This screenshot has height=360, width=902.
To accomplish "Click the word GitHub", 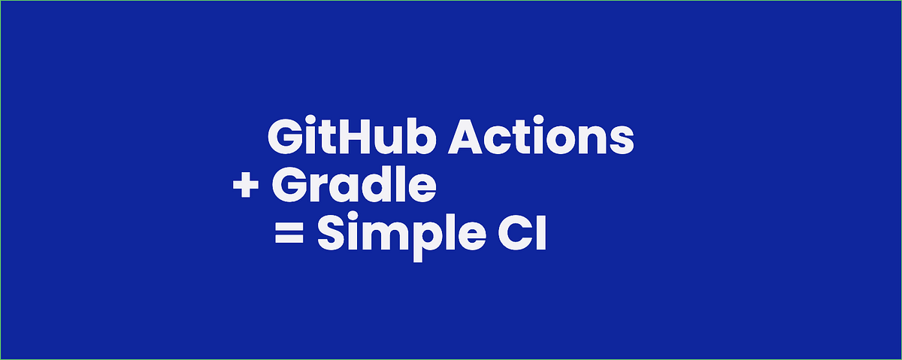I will (x=353, y=138).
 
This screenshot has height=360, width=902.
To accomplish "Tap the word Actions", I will (x=541, y=138).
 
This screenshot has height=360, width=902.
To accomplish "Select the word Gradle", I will (x=353, y=186).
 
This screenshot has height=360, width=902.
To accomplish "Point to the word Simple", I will (x=402, y=235).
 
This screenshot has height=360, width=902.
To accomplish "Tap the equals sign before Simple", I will (x=288, y=235).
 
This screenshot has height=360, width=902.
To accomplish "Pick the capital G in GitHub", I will (x=284, y=138).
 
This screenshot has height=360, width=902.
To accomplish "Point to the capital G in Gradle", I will (x=289, y=186).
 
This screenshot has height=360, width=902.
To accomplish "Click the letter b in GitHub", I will (x=419, y=138).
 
